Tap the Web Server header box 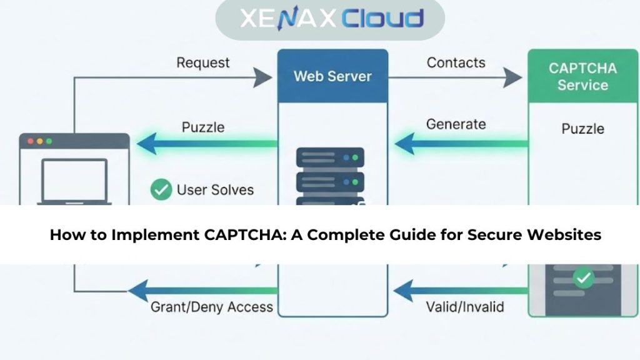coord(332,76)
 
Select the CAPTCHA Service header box coord(582,76)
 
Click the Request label coord(203,62)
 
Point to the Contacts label coord(456,62)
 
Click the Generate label coord(456,124)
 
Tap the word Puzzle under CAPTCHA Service coord(582,129)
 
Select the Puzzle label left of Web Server coord(203,127)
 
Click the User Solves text coord(215,189)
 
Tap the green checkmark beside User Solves coord(161,189)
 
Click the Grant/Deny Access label coord(212,307)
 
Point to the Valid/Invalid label coord(465,307)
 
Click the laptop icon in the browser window coord(74,181)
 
